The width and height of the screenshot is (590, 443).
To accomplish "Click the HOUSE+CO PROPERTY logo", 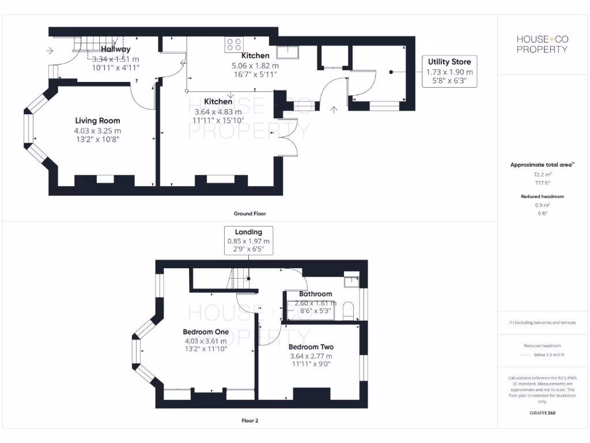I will tap(542, 44).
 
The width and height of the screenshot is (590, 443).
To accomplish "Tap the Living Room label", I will tap(97, 121).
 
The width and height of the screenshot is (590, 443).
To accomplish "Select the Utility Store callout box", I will tap(449, 72).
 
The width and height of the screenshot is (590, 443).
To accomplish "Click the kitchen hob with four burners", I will tap(234, 44).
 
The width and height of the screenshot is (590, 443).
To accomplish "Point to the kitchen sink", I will tap(287, 52).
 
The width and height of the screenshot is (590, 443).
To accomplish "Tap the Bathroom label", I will tap(315, 294).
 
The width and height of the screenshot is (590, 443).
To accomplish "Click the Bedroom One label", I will tap(206, 332).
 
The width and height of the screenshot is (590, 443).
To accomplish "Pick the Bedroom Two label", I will tap(311, 347).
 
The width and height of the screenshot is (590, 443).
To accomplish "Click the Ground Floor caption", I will tap(249, 213).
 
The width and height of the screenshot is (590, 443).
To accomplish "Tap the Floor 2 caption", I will tap(249, 421).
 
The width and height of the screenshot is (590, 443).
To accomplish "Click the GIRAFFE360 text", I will tap(542, 413).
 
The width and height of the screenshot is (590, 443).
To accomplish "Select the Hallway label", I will tap(116, 50).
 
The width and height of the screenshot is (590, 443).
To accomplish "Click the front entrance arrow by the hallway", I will tap(50, 51).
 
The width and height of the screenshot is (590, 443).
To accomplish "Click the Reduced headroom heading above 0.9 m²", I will tap(542, 197).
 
